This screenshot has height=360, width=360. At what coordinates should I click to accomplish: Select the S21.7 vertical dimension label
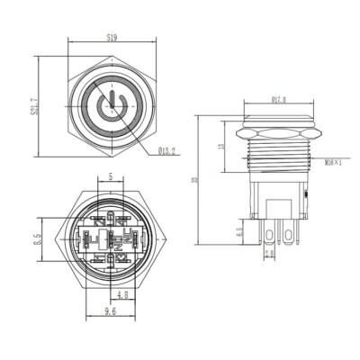[x=34, y=107]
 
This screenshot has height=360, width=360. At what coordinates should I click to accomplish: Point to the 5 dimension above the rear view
[x=110, y=178]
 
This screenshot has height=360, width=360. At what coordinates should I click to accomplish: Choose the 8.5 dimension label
[x=35, y=240]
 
